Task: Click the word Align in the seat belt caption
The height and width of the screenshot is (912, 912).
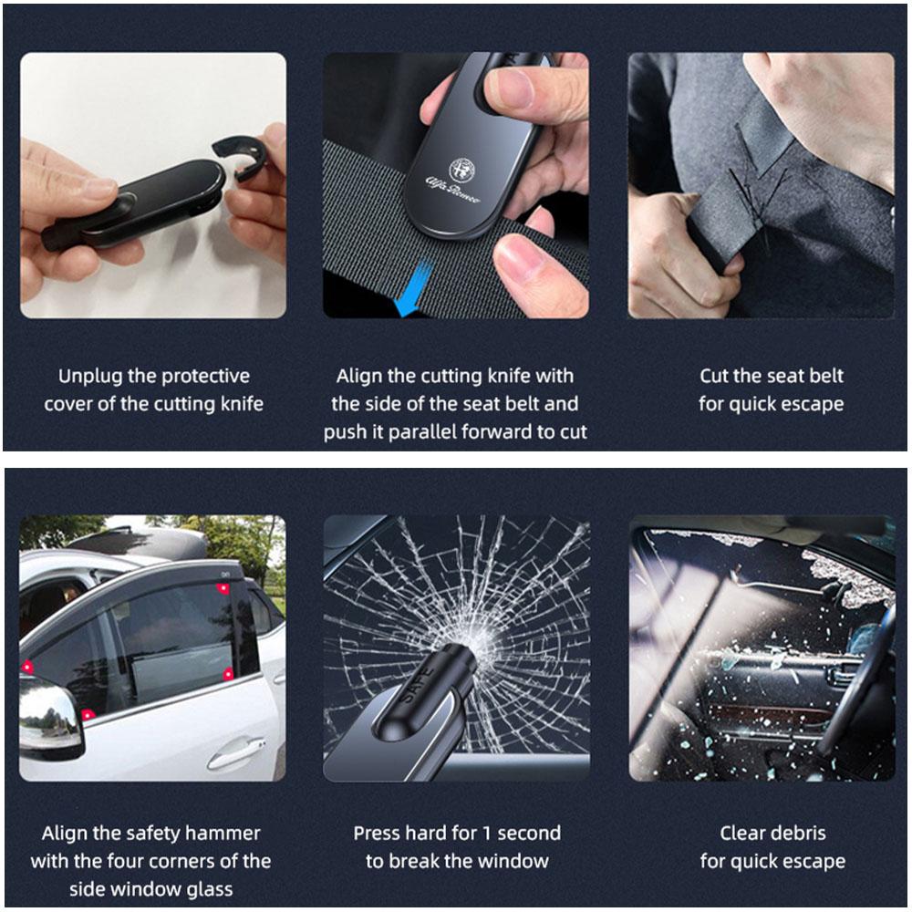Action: pos(360,376)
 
